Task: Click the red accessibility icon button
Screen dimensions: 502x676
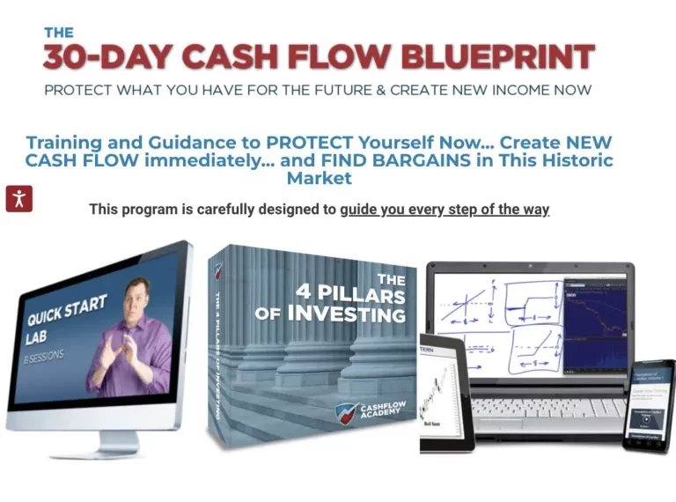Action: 19,198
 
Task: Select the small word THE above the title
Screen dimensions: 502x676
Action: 59,32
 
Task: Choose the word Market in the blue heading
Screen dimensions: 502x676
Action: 320,178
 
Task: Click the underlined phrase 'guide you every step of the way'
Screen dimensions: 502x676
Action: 445,210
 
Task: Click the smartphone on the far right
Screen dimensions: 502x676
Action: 650,405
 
